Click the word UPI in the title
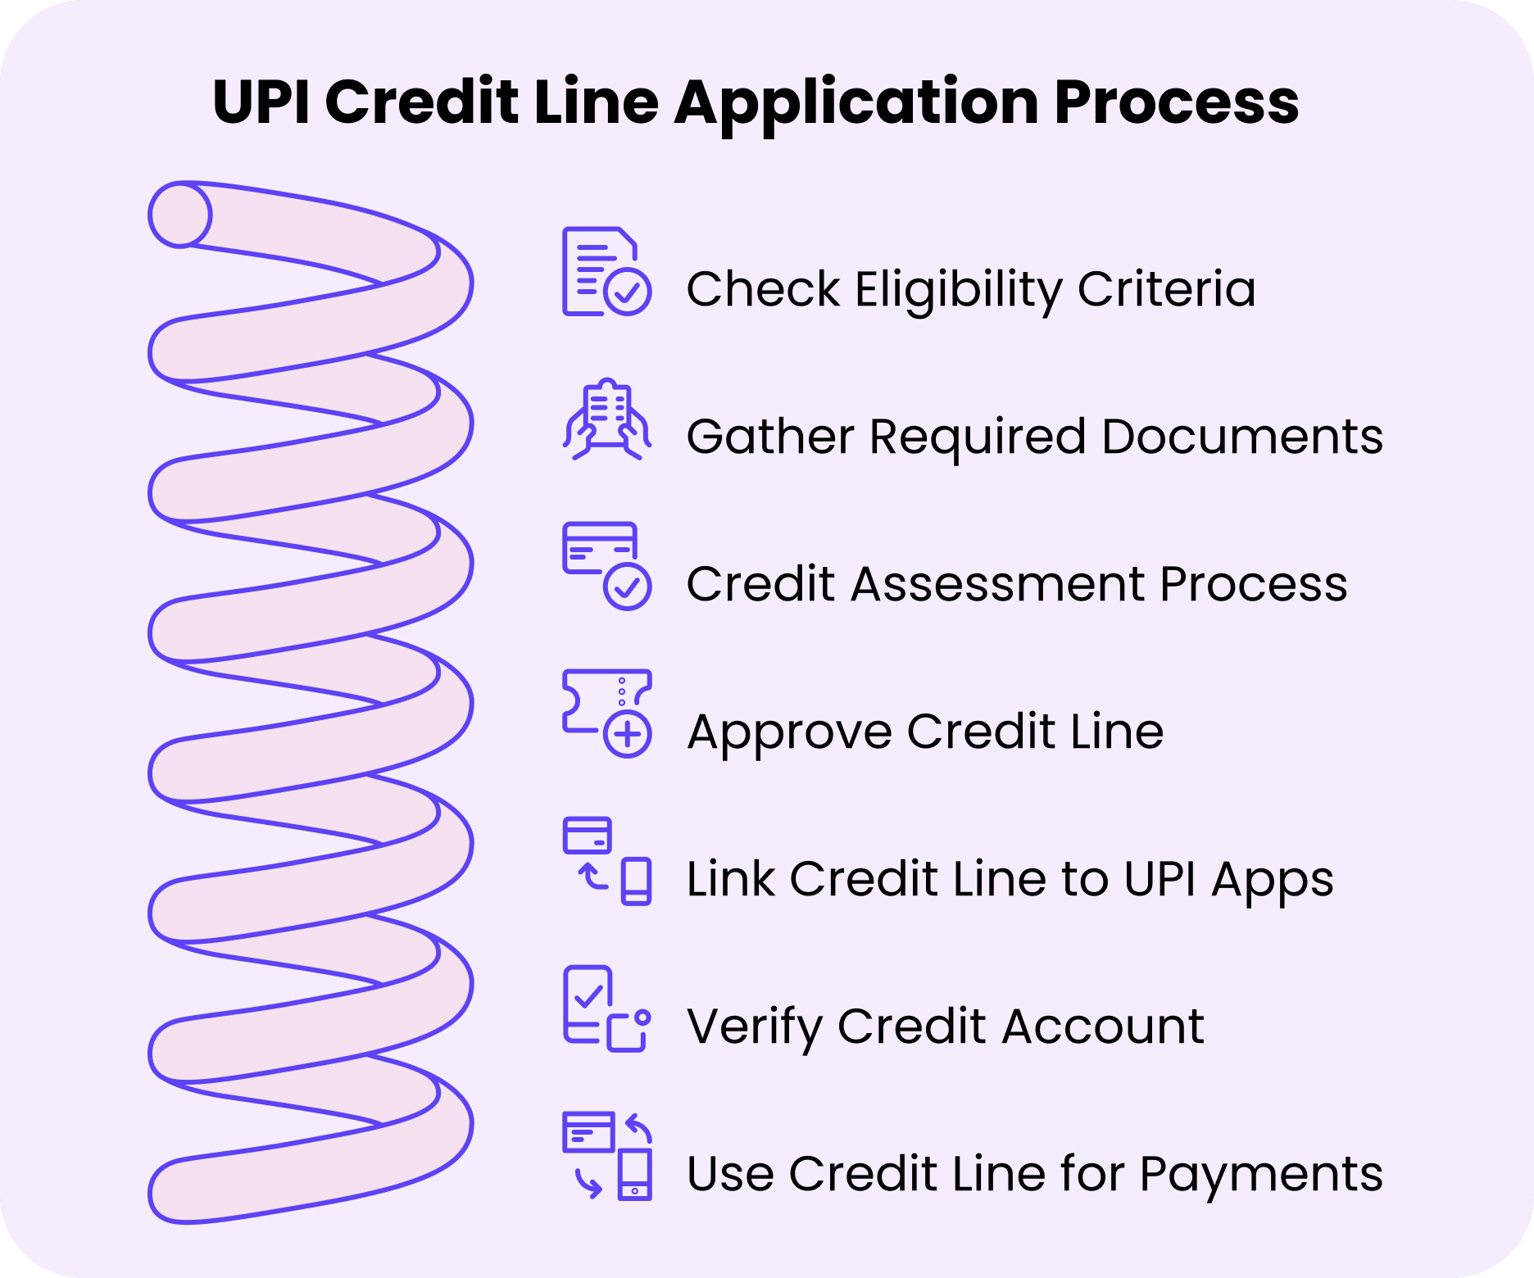(x=261, y=102)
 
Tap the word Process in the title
(x=1177, y=102)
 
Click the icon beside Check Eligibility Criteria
(x=606, y=272)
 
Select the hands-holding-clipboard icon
(x=606, y=419)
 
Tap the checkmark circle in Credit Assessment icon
(x=628, y=586)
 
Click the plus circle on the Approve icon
(x=628, y=733)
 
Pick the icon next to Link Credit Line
(x=606, y=861)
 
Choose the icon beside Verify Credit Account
(x=606, y=1008)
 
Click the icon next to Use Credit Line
(x=606, y=1156)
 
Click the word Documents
(x=1242, y=436)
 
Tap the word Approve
(x=789, y=732)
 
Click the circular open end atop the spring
(x=179, y=215)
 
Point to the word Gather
(x=769, y=436)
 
